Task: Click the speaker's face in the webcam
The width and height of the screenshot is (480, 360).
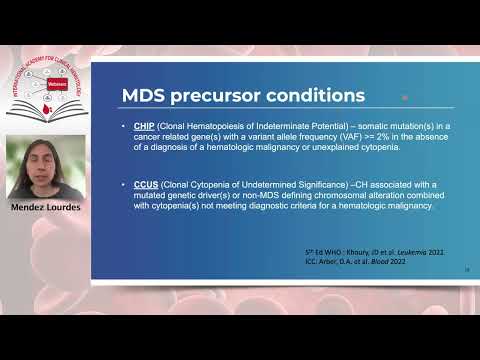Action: pyautogui.click(x=44, y=161)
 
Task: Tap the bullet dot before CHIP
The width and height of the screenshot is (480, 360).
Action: pyautogui.click(x=124, y=128)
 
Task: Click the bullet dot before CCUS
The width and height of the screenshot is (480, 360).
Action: pyautogui.click(x=124, y=185)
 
